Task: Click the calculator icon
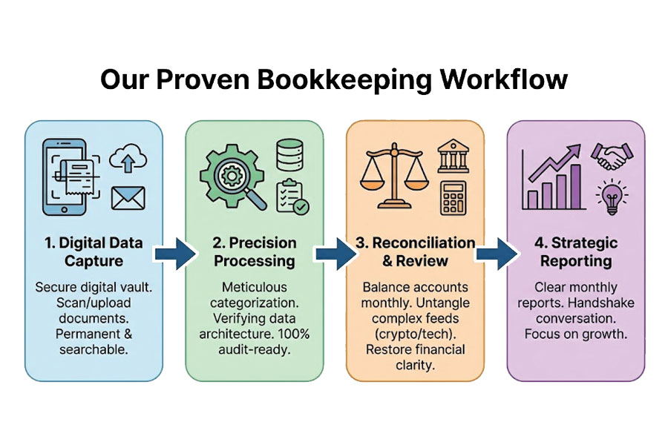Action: [x=452, y=198]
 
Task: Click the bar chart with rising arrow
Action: [x=553, y=177]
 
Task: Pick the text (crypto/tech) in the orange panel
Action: [x=415, y=333]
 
